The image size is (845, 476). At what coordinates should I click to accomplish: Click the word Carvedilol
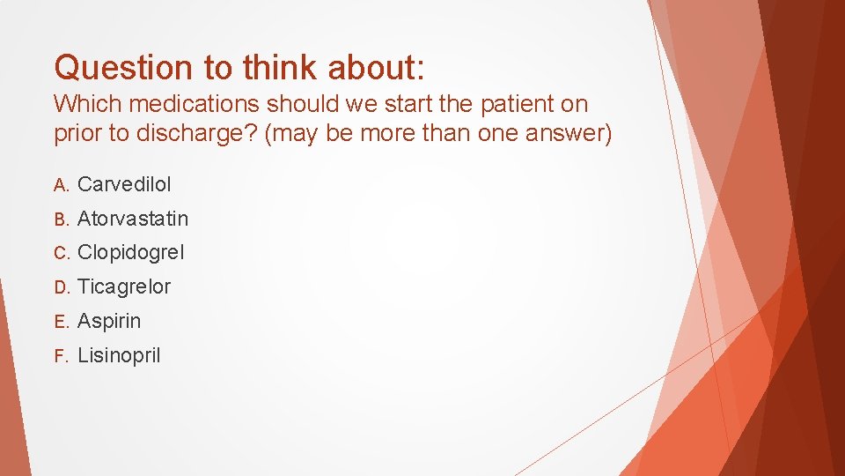pyautogui.click(x=124, y=184)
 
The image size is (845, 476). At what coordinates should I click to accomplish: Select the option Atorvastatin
pyautogui.click(x=133, y=219)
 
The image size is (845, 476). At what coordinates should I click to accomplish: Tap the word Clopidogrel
pyautogui.click(x=131, y=253)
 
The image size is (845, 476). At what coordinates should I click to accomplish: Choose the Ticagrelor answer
pyautogui.click(x=124, y=286)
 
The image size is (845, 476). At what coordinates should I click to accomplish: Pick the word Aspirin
pyautogui.click(x=109, y=321)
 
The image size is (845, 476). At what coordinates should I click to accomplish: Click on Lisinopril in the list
pyautogui.click(x=119, y=355)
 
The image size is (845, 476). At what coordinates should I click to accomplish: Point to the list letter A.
pyautogui.click(x=60, y=185)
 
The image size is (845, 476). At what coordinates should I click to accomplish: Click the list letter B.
pyautogui.click(x=60, y=219)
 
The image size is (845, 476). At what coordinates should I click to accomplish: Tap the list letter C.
pyautogui.click(x=60, y=254)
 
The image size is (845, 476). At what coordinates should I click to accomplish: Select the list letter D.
pyautogui.click(x=60, y=287)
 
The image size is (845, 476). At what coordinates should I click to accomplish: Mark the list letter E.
pyautogui.click(x=60, y=322)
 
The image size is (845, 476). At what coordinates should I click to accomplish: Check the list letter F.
pyautogui.click(x=60, y=356)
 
